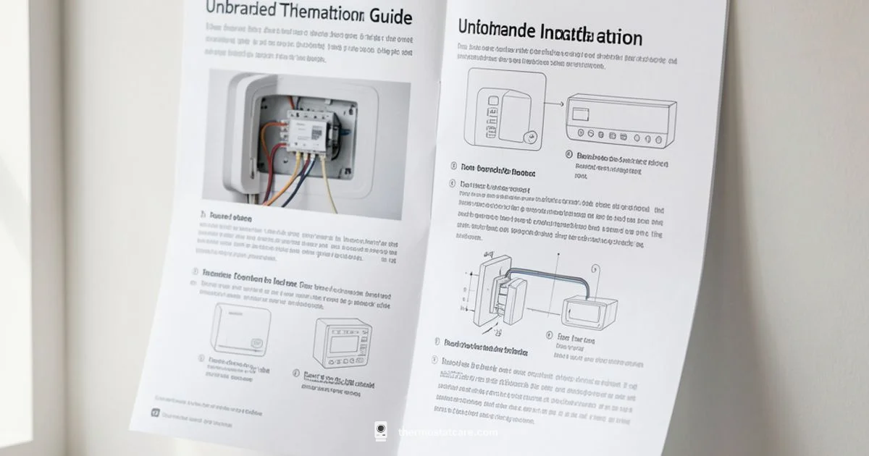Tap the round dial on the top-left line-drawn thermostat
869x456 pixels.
pos(530,135)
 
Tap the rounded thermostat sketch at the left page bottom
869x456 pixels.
pos(241,329)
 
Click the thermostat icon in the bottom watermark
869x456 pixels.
pos(381,431)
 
